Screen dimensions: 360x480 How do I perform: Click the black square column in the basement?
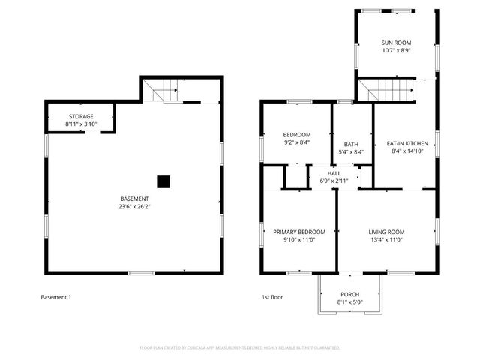coord(163,181)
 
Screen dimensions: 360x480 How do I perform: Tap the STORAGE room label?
coord(81,117)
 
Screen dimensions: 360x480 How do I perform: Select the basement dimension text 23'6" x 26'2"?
coord(134,207)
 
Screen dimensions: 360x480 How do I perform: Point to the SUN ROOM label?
coord(396,43)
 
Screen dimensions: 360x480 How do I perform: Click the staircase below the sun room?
coord(385,90)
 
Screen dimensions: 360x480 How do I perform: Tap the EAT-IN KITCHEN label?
coord(407,143)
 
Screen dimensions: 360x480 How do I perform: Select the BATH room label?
coord(351,144)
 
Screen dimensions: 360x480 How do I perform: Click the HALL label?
coord(334,173)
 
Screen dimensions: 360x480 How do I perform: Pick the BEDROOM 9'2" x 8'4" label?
coord(276,135)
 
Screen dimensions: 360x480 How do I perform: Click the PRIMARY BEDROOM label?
coord(299,232)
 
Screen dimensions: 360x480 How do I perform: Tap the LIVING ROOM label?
coord(386,232)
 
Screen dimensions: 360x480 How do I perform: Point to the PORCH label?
coord(349,294)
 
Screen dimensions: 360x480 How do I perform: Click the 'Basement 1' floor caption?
coord(55,297)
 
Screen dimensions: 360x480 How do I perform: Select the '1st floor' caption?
coord(271,297)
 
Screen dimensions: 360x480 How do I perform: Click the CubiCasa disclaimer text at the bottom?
coord(240,348)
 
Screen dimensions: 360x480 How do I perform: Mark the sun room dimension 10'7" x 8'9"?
coord(396,51)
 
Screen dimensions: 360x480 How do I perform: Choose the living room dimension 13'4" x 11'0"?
coord(386,240)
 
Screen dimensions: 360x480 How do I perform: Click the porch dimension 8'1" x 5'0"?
coord(349,301)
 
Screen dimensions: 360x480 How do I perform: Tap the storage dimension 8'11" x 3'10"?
coord(81,124)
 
